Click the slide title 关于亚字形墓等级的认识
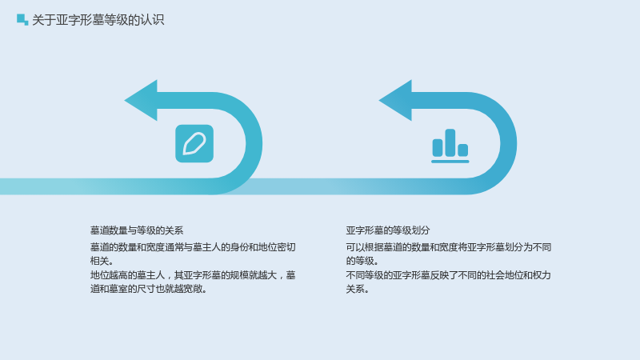(98, 19)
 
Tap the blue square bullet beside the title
(22, 19)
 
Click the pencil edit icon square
(194, 144)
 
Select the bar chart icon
(450, 146)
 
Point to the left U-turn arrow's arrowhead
(141, 101)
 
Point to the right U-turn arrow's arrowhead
(395, 101)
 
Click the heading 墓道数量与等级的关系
(137, 230)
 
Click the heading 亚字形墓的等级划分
(388, 230)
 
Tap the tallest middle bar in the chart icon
(450, 142)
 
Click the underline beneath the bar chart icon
(450, 162)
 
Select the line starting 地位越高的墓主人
(193, 275)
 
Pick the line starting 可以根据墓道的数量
(449, 247)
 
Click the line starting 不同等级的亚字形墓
(449, 275)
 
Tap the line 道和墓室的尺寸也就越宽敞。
(149, 289)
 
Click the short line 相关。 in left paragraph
(102, 261)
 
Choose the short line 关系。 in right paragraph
(358, 289)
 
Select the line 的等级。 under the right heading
(362, 261)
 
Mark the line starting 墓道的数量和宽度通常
(193, 247)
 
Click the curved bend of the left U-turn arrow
(254, 143)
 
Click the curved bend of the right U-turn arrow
(509, 143)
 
